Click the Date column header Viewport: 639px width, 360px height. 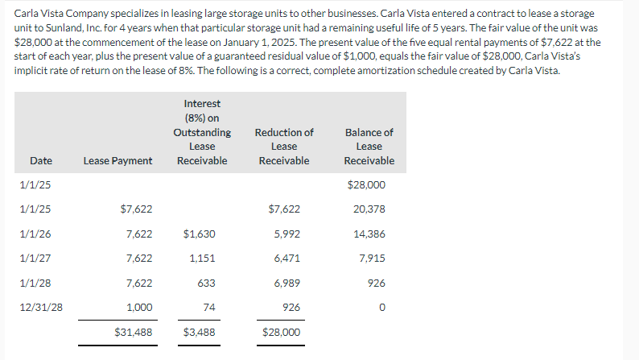click(x=41, y=160)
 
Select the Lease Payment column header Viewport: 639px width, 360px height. click(x=117, y=160)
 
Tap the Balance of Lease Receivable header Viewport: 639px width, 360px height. click(x=369, y=146)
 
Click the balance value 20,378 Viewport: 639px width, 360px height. click(x=369, y=209)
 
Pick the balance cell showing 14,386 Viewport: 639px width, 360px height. click(x=369, y=234)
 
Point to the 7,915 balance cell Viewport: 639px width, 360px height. click(x=373, y=258)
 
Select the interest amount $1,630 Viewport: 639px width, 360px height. click(x=200, y=234)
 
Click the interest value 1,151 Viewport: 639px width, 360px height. click(x=201, y=258)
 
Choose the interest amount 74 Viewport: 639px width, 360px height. click(x=209, y=307)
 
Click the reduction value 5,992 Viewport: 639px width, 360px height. click(x=287, y=234)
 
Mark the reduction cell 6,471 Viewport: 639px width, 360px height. click(x=287, y=258)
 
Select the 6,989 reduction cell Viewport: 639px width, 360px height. click(x=287, y=283)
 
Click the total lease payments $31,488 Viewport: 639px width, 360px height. click(x=134, y=332)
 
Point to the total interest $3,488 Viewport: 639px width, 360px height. click(x=200, y=332)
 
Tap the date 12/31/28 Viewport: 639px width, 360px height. click(x=41, y=307)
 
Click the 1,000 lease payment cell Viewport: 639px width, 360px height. click(x=139, y=307)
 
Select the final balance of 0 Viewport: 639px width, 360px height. click(x=382, y=307)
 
